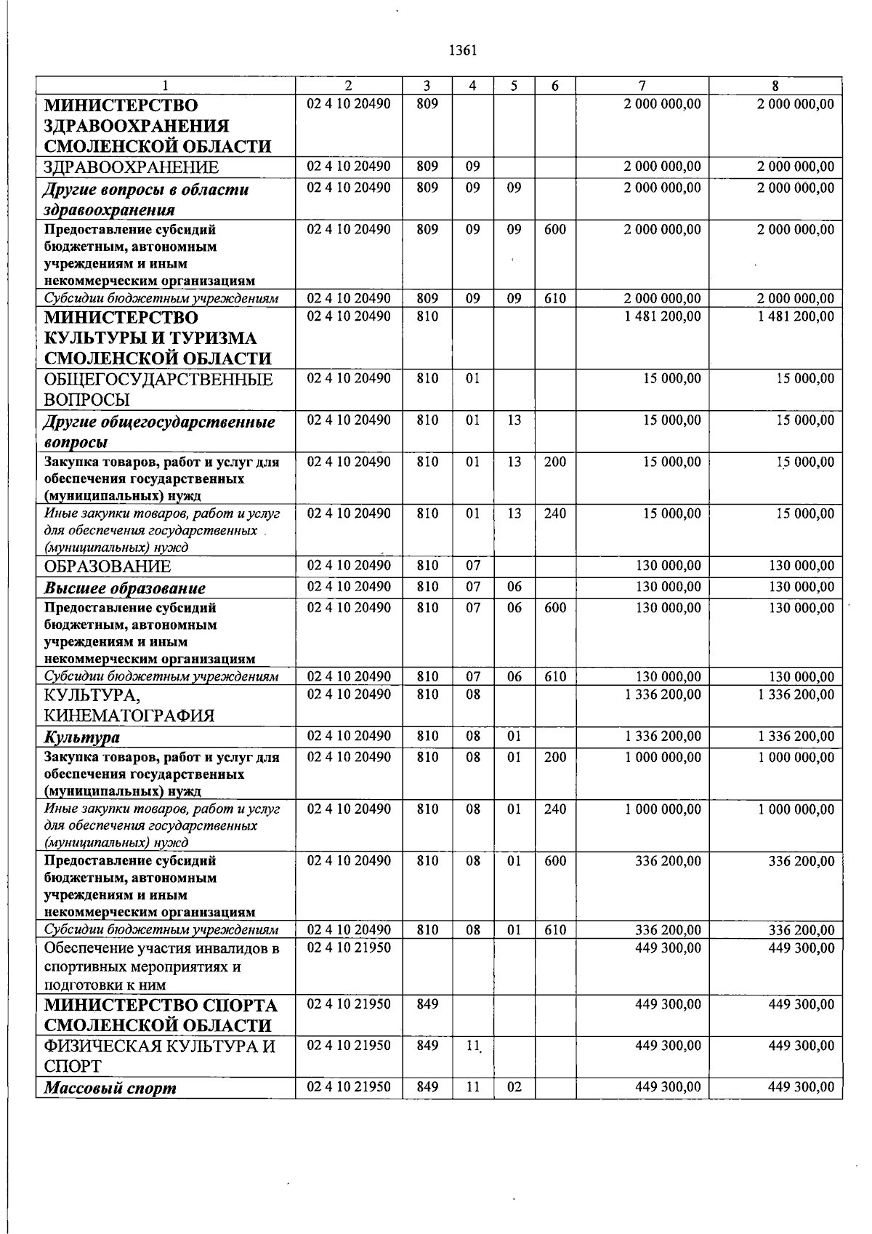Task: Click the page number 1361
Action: click(x=463, y=51)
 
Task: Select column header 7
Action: click(x=642, y=85)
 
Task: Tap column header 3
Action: click(x=427, y=85)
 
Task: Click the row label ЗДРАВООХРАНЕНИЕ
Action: click(x=132, y=168)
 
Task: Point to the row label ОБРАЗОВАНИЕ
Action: click(x=108, y=566)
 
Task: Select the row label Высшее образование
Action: click(x=125, y=588)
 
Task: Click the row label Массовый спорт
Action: click(x=110, y=1089)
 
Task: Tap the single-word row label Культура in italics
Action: click(x=82, y=737)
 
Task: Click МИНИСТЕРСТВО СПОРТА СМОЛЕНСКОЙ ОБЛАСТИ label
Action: click(x=161, y=1015)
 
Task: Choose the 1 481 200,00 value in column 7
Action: click(x=663, y=317)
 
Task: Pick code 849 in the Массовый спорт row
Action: click(x=427, y=1087)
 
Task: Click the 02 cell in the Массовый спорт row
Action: click(x=514, y=1087)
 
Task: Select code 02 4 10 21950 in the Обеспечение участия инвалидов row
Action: click(x=349, y=948)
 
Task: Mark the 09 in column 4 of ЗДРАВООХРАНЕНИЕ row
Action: click(x=472, y=167)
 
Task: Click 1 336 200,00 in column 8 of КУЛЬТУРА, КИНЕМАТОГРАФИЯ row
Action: click(x=796, y=694)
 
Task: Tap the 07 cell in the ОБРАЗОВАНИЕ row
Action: click(x=472, y=566)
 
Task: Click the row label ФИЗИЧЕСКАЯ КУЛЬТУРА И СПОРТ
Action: click(x=160, y=1056)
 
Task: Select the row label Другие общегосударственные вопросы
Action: click(x=159, y=432)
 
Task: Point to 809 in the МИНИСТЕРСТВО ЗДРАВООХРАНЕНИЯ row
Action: click(x=427, y=104)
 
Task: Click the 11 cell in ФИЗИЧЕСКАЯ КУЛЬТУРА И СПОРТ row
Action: click(x=473, y=1046)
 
